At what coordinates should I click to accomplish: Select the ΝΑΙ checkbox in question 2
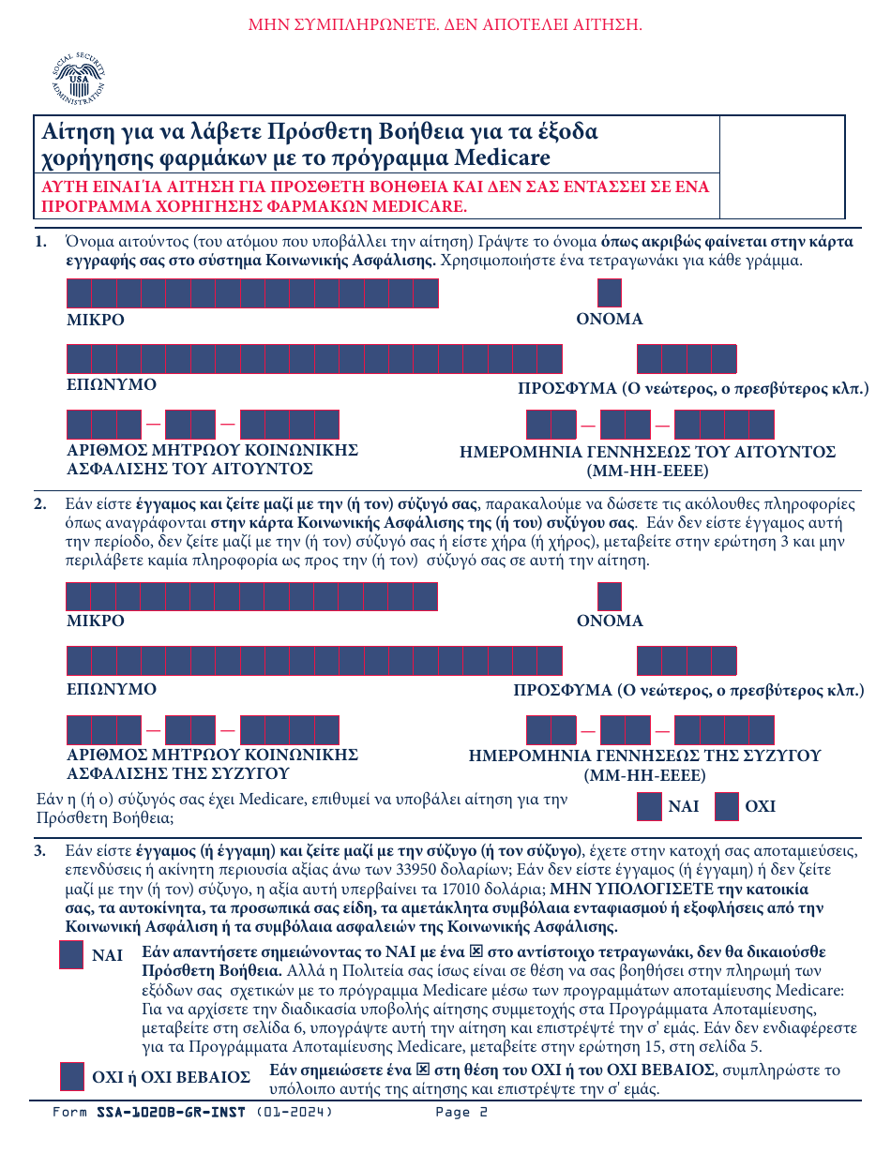[649, 807]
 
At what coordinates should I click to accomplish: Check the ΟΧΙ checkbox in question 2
[727, 807]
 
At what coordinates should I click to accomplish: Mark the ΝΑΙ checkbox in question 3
[71, 955]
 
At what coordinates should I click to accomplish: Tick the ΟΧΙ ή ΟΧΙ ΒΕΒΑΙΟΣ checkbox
[71, 1077]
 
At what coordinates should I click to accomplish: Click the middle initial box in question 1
[609, 293]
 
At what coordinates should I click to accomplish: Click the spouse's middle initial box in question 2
[609, 596]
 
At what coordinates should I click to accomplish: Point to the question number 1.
[40, 242]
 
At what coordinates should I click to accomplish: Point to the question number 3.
[40, 851]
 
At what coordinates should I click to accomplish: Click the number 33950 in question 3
[366, 870]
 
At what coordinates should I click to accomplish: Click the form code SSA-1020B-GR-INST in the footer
[171, 1113]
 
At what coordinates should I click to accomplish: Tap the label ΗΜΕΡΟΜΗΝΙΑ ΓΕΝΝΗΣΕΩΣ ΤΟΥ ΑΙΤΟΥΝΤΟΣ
[647, 452]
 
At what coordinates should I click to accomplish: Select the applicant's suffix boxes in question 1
[687, 359]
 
